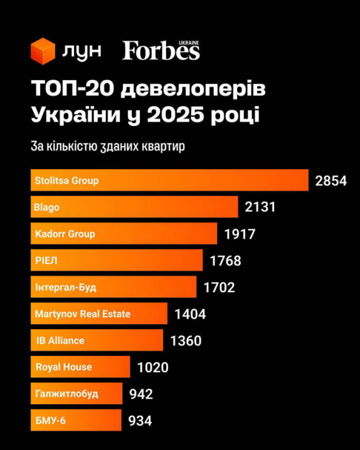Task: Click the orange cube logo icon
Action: (x=43, y=51)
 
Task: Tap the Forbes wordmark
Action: (x=161, y=51)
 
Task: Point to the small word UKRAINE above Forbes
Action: (x=189, y=42)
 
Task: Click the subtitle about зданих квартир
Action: (x=109, y=147)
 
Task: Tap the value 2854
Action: (x=331, y=181)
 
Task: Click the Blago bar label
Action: (x=47, y=207)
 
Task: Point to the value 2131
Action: (x=260, y=207)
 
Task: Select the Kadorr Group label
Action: (x=65, y=234)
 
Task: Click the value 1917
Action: (x=240, y=234)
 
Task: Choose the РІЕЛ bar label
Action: (x=46, y=261)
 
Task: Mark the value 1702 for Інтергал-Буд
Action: (x=219, y=288)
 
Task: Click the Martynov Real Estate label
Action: (x=83, y=313)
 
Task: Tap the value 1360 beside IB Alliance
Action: (x=186, y=341)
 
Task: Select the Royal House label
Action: (x=63, y=367)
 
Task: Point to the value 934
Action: (x=140, y=421)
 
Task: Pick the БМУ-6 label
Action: (x=50, y=420)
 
